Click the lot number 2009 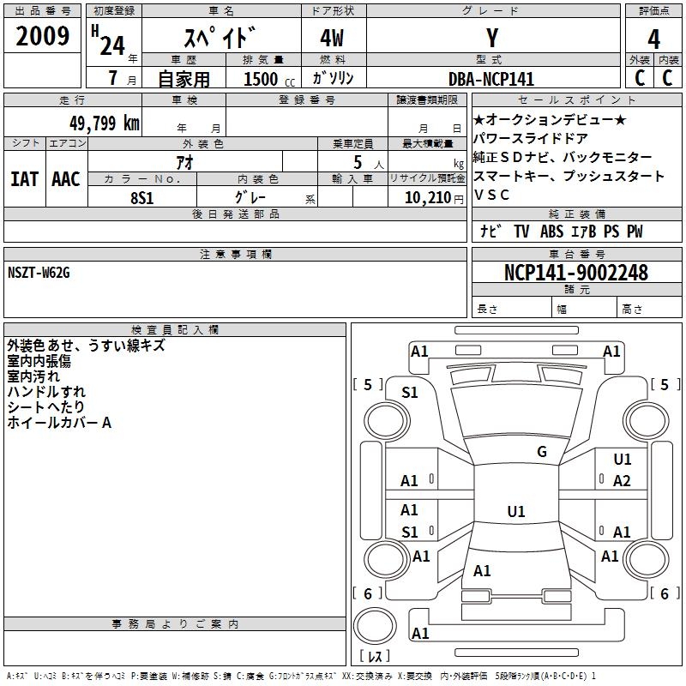[x=42, y=38]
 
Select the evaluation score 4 [x=654, y=39]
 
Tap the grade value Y [x=492, y=39]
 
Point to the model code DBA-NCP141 [x=491, y=79]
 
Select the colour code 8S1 [x=141, y=196]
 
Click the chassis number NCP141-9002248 [x=576, y=273]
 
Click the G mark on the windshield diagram [x=542, y=451]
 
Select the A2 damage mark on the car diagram [x=622, y=481]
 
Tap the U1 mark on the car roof [x=515, y=512]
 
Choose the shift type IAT [x=24, y=179]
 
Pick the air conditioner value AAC [x=66, y=179]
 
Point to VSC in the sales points [x=492, y=195]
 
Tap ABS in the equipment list [x=551, y=232]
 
